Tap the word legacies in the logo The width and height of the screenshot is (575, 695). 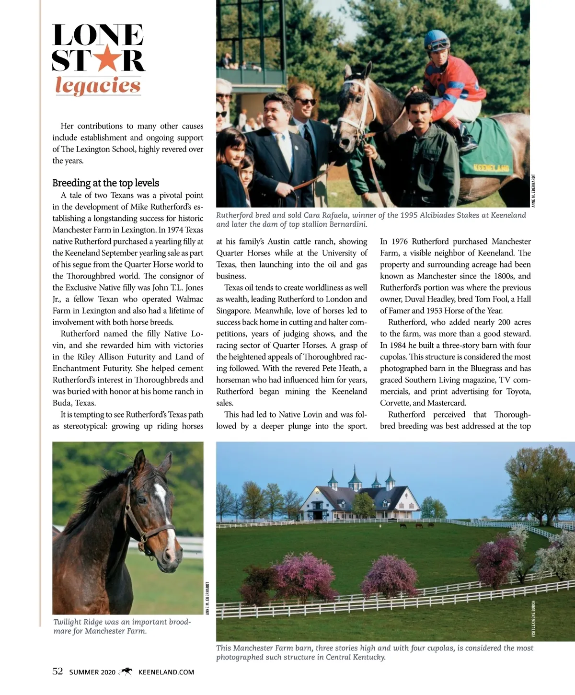click(98, 86)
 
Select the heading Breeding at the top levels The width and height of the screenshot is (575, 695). click(105, 183)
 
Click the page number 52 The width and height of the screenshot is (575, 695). click(57, 671)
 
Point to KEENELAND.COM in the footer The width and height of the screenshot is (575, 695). click(166, 672)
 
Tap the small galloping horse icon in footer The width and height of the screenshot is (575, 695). click(126, 671)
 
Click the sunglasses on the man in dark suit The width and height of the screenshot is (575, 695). click(305, 102)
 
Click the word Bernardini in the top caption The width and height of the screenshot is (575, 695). click(348, 224)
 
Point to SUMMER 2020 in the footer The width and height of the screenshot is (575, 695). click(92, 672)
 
